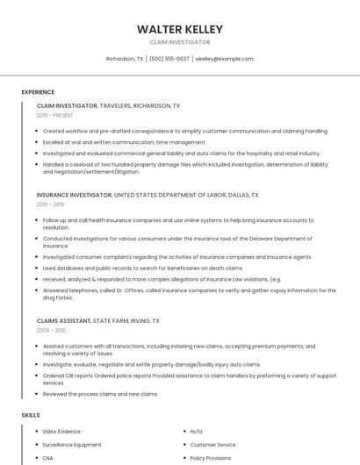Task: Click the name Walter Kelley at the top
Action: [x=180, y=30]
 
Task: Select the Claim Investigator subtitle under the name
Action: [x=180, y=42]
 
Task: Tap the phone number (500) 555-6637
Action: [x=169, y=59]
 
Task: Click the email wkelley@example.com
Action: [x=224, y=59]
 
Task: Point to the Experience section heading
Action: [x=38, y=92]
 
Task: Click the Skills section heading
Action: [x=31, y=414]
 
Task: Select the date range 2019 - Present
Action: [x=55, y=115]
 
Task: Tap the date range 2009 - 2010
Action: [x=52, y=331]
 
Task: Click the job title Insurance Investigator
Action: [x=75, y=195]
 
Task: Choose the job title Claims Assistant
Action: [x=64, y=321]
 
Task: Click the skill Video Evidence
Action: [x=61, y=432]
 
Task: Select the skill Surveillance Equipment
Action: [x=72, y=445]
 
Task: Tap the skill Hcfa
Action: [x=196, y=432]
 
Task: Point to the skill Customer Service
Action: [x=212, y=445]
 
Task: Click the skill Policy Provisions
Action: [x=211, y=458]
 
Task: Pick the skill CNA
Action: [x=48, y=458]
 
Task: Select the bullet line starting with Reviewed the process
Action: [x=100, y=394]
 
